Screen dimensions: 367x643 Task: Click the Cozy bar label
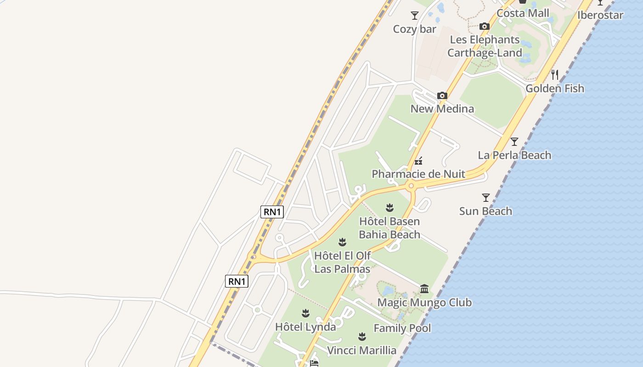[x=414, y=29]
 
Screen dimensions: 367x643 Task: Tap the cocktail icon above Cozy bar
[x=415, y=16]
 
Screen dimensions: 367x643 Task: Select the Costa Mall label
[x=523, y=13]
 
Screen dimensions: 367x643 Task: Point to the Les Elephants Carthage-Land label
[x=485, y=46]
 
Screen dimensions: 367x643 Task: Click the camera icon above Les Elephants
[x=485, y=27]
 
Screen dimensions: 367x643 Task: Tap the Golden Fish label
[x=555, y=89]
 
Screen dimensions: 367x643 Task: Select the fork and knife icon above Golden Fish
[x=555, y=74]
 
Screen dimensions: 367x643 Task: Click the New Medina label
[x=442, y=109]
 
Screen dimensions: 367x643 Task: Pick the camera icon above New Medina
[x=442, y=96]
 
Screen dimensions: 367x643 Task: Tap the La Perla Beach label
[x=514, y=155]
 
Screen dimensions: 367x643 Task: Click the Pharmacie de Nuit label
[x=418, y=174]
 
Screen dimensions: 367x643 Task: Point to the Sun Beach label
[x=485, y=211]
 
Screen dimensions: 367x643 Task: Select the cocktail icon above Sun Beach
[x=486, y=198]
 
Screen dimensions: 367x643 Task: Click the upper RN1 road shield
[x=272, y=211]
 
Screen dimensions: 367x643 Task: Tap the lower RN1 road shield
[x=237, y=281]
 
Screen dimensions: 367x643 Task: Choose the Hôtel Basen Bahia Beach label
[x=389, y=228]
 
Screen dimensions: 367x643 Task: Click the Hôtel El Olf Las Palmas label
[x=342, y=262]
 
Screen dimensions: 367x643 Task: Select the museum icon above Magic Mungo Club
[x=424, y=289]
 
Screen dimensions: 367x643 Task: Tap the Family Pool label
[x=402, y=328]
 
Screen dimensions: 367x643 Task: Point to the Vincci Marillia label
[x=361, y=350]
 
